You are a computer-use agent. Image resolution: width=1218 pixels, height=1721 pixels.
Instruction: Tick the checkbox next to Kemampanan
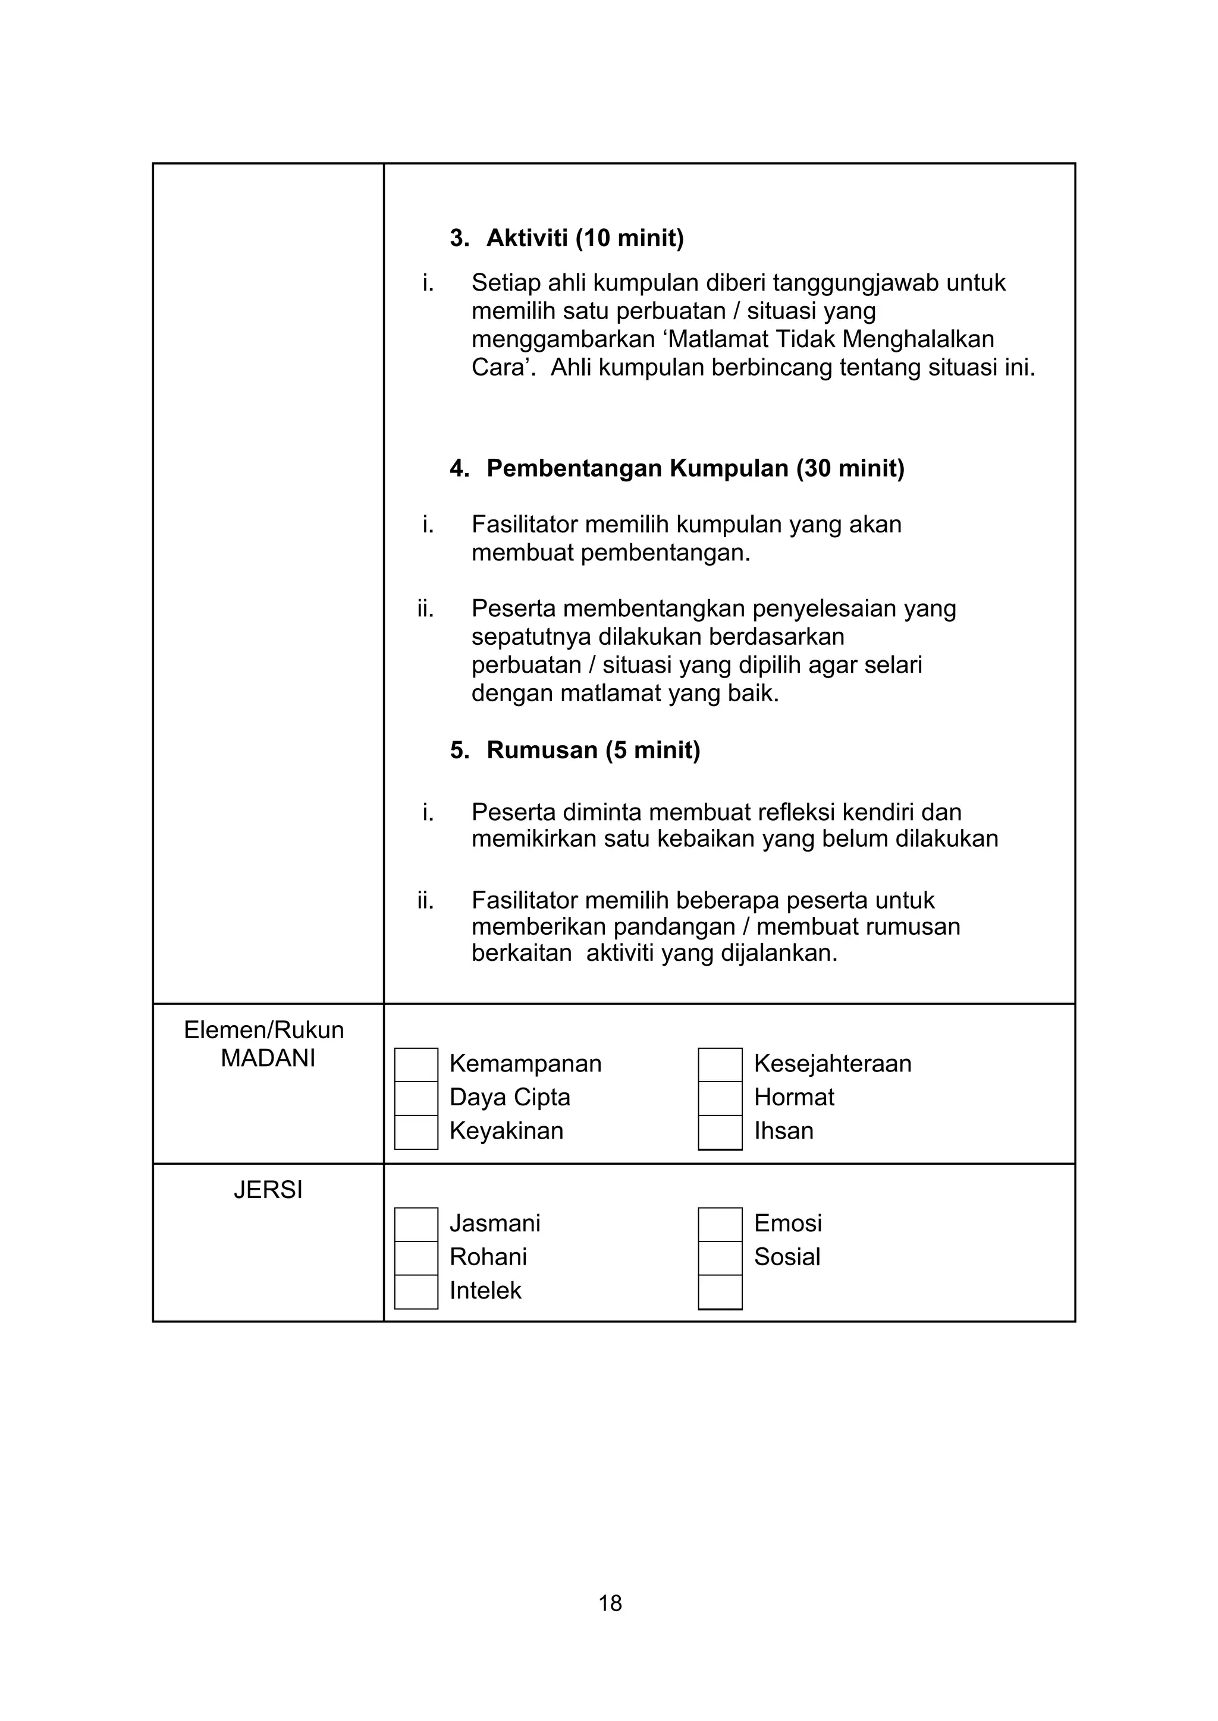(416, 1064)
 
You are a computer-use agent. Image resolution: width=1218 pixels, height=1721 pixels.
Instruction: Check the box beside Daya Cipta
(416, 1098)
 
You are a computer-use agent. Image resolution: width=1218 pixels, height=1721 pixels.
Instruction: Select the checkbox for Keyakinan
(416, 1132)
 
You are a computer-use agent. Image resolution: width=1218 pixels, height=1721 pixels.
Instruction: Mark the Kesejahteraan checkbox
(720, 1064)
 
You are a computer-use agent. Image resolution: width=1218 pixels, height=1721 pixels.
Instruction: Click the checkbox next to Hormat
(720, 1098)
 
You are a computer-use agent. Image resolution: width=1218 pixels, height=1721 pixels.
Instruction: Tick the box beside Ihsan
(720, 1132)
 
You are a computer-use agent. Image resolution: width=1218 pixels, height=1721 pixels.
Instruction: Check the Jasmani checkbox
(416, 1224)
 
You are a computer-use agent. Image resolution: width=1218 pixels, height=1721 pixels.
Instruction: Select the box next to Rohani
(416, 1258)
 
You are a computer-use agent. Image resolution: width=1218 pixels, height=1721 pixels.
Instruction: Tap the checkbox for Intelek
(416, 1291)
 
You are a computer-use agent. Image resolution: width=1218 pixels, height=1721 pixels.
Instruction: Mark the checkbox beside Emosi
(720, 1224)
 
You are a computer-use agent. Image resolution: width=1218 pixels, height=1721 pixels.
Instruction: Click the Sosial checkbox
(720, 1258)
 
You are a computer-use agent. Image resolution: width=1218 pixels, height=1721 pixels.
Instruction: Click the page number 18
(610, 1603)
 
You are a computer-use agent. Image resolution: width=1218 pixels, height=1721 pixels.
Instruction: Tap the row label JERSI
(268, 1190)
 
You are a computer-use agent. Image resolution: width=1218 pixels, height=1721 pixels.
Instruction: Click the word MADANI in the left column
(268, 1058)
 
